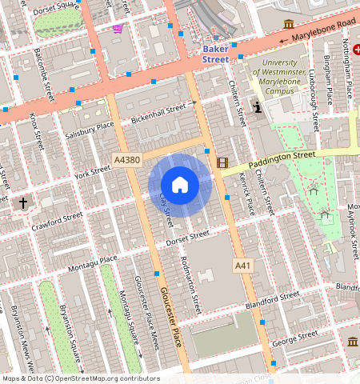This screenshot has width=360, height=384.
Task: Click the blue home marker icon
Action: (x=180, y=185)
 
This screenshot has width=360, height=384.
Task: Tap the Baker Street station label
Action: (x=214, y=54)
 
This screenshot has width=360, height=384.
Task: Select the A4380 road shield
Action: (x=126, y=160)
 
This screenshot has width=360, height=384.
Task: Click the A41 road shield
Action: (x=242, y=264)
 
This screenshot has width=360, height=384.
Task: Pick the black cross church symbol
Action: (x=22, y=203)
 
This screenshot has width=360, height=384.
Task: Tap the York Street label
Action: (x=91, y=172)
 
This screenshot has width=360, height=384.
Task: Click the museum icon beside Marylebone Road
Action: (x=287, y=25)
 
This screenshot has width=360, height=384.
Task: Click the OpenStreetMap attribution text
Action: (x=80, y=378)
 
